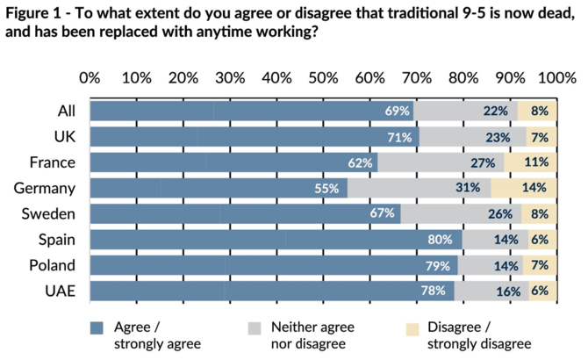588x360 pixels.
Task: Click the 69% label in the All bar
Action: (x=398, y=111)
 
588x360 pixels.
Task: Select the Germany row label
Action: (x=46, y=188)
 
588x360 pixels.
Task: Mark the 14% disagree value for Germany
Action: (x=534, y=188)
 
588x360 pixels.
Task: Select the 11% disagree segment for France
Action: (x=535, y=162)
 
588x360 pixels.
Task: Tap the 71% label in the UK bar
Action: (x=400, y=137)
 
